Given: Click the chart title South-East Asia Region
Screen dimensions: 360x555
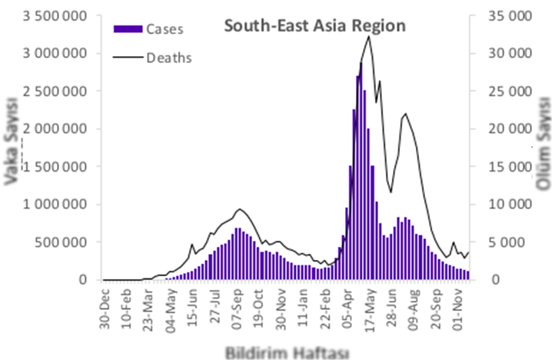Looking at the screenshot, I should click(x=314, y=26).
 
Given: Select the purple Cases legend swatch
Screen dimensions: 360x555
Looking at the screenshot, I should click(x=128, y=29).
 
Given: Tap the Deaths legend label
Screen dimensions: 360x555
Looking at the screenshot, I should click(x=169, y=57).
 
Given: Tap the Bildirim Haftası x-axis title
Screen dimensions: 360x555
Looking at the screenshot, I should click(x=287, y=352).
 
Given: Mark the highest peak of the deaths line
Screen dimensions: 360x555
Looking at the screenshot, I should click(x=370, y=35).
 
